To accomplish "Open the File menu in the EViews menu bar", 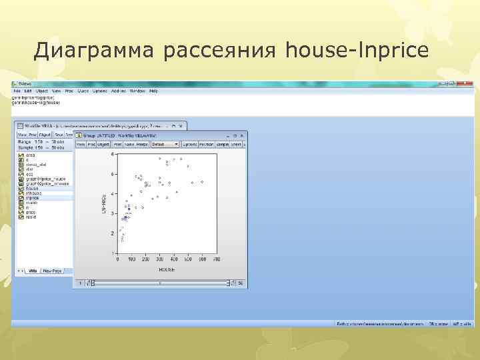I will click(16, 91).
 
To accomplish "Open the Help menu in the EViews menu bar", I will click(153, 91).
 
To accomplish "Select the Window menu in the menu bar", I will click(137, 91).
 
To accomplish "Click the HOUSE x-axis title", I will click(167, 270).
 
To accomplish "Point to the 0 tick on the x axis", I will click(118, 260).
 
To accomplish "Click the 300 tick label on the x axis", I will click(160, 260).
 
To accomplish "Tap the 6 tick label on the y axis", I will click(112, 175).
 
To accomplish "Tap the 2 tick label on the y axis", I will click(112, 233).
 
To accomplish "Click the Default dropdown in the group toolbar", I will click(165, 144).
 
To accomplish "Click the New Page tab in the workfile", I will click(52, 271).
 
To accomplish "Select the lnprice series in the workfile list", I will click(33, 198).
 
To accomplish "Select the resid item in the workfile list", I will click(31, 217).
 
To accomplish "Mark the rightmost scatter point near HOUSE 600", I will click(202, 181).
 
